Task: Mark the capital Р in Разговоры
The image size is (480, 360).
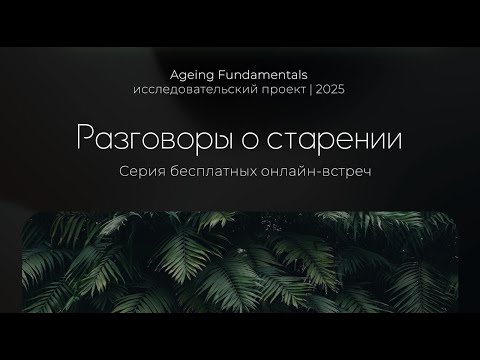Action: point(87,139)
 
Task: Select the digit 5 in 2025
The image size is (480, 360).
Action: point(342,90)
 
